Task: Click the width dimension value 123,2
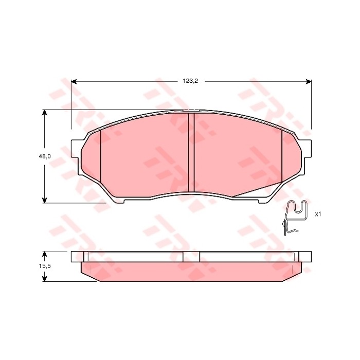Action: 190,81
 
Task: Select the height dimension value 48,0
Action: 45,156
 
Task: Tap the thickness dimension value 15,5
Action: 45,266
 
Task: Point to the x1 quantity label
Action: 317,214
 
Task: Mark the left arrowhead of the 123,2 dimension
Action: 74,81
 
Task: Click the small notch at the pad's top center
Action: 191,110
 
